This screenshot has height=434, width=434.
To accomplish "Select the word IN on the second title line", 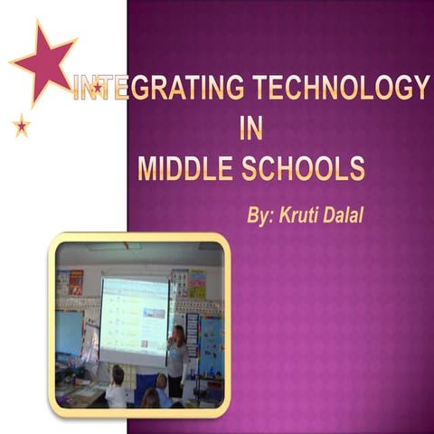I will [x=251, y=129].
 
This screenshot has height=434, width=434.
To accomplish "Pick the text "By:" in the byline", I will [x=263, y=216].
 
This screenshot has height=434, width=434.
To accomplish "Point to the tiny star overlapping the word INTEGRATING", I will [x=97, y=88].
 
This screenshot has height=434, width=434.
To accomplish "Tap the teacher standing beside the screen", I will [x=177, y=362].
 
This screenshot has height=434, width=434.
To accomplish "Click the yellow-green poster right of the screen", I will [x=196, y=283].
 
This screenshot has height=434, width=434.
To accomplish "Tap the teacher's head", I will [x=178, y=333].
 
